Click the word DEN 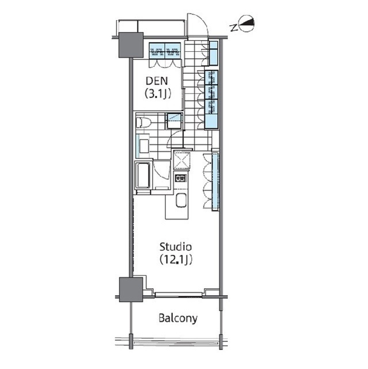(x=157, y=81)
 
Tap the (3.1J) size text (x=157, y=94)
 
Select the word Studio (x=176, y=247)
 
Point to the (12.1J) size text (x=176, y=260)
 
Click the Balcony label (x=178, y=318)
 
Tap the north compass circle (x=246, y=23)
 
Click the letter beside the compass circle (x=234, y=28)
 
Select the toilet (x=143, y=123)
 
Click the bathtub (x=143, y=175)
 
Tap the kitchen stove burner (x=181, y=178)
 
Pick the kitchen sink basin (x=181, y=200)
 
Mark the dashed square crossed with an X (x=181, y=160)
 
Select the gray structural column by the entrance (x=131, y=45)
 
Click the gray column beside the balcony (x=131, y=289)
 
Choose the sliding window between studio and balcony (x=179, y=294)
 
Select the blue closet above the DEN (x=165, y=50)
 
